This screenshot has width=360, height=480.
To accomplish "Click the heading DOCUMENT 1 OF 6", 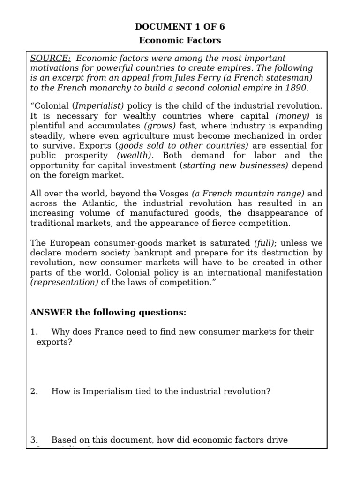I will click(180, 27).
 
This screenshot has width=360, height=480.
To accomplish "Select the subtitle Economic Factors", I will click(180, 40).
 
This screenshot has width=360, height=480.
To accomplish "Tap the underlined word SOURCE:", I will click(51, 59).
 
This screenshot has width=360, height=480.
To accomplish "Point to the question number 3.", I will click(33, 440).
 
